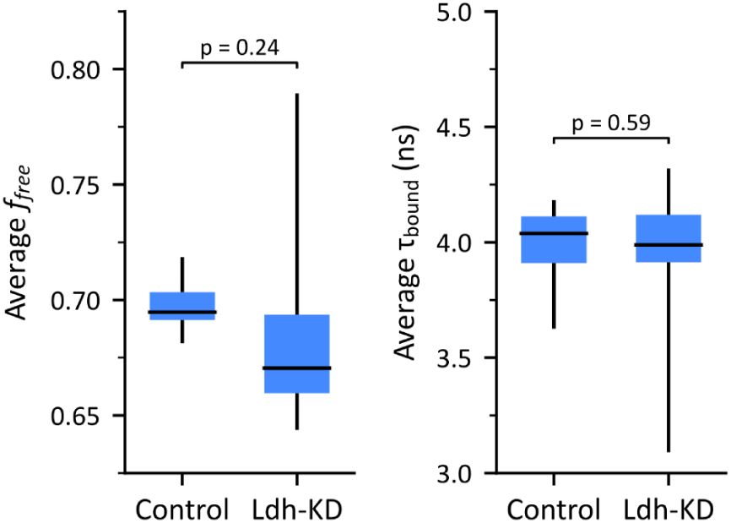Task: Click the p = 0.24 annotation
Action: coord(240,49)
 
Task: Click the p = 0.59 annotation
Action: coord(610,123)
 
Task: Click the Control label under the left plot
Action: coord(182,509)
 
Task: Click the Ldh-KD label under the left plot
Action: coord(297,509)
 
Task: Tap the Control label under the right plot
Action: coord(554,509)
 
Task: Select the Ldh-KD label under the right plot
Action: coord(669,509)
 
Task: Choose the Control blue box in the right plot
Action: coord(554,240)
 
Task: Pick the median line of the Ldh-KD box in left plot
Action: coord(297,368)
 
